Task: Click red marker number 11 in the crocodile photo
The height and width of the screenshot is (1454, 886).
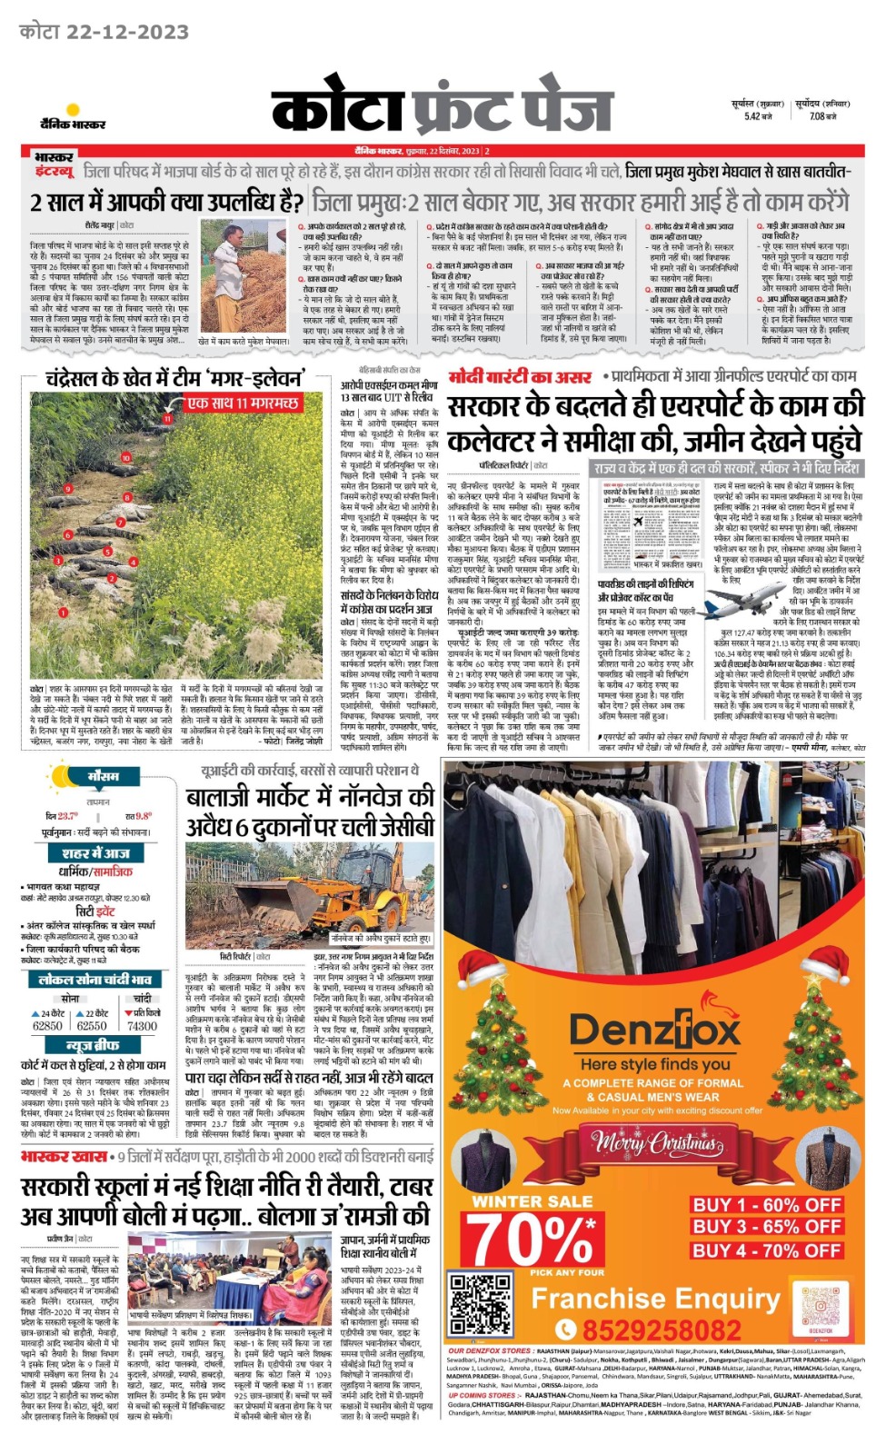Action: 167,419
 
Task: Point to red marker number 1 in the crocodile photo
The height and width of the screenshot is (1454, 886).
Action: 64,612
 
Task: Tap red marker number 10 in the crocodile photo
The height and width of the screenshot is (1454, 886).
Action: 126,458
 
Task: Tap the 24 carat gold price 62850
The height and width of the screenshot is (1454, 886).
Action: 48,1025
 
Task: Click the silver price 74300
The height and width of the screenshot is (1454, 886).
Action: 142,1025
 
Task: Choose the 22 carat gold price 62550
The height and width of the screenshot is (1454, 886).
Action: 92,1025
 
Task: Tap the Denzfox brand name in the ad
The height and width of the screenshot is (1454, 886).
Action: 654,1030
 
